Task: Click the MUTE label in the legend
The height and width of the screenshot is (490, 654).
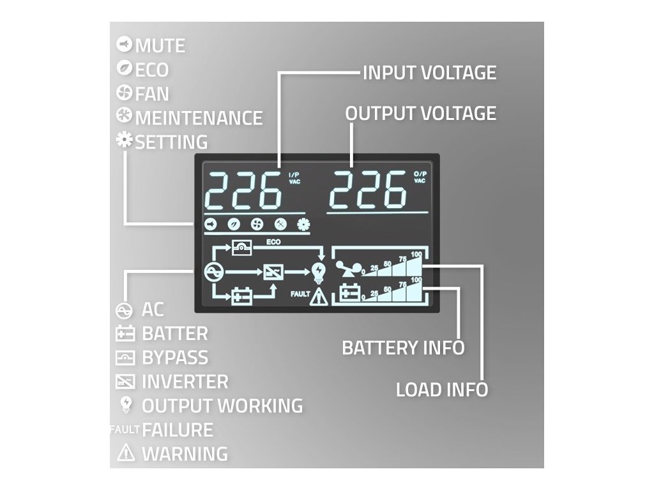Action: click(160, 46)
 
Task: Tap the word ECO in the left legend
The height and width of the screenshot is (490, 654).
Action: click(152, 70)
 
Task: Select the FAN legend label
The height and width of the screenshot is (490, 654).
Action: click(152, 94)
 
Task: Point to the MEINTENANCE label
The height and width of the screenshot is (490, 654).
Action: click(199, 118)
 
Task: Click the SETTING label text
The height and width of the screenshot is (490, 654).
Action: click(171, 142)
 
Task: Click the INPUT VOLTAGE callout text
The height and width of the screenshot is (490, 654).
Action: click(429, 73)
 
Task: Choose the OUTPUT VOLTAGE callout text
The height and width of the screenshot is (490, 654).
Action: click(420, 114)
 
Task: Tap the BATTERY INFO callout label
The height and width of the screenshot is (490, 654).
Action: click(403, 348)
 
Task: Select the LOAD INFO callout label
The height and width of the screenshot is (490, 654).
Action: click(442, 389)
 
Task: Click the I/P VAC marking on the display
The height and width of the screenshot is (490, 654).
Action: click(293, 178)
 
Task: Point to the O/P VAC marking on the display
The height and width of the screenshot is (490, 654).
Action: click(419, 177)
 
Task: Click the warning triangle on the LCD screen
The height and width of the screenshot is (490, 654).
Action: click(318, 297)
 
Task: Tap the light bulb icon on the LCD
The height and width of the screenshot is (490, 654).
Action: click(318, 272)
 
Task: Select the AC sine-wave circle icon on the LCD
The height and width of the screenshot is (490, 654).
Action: click(213, 272)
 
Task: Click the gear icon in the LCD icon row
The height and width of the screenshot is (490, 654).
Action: click(302, 224)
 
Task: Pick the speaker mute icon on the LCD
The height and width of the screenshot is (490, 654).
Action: click(211, 224)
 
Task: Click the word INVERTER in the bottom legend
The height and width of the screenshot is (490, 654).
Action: click(185, 382)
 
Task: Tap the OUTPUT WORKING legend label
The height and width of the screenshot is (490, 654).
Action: click(222, 406)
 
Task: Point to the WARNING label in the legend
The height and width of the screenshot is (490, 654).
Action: click(185, 454)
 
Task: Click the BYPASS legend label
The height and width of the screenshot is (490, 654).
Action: click(175, 357)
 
